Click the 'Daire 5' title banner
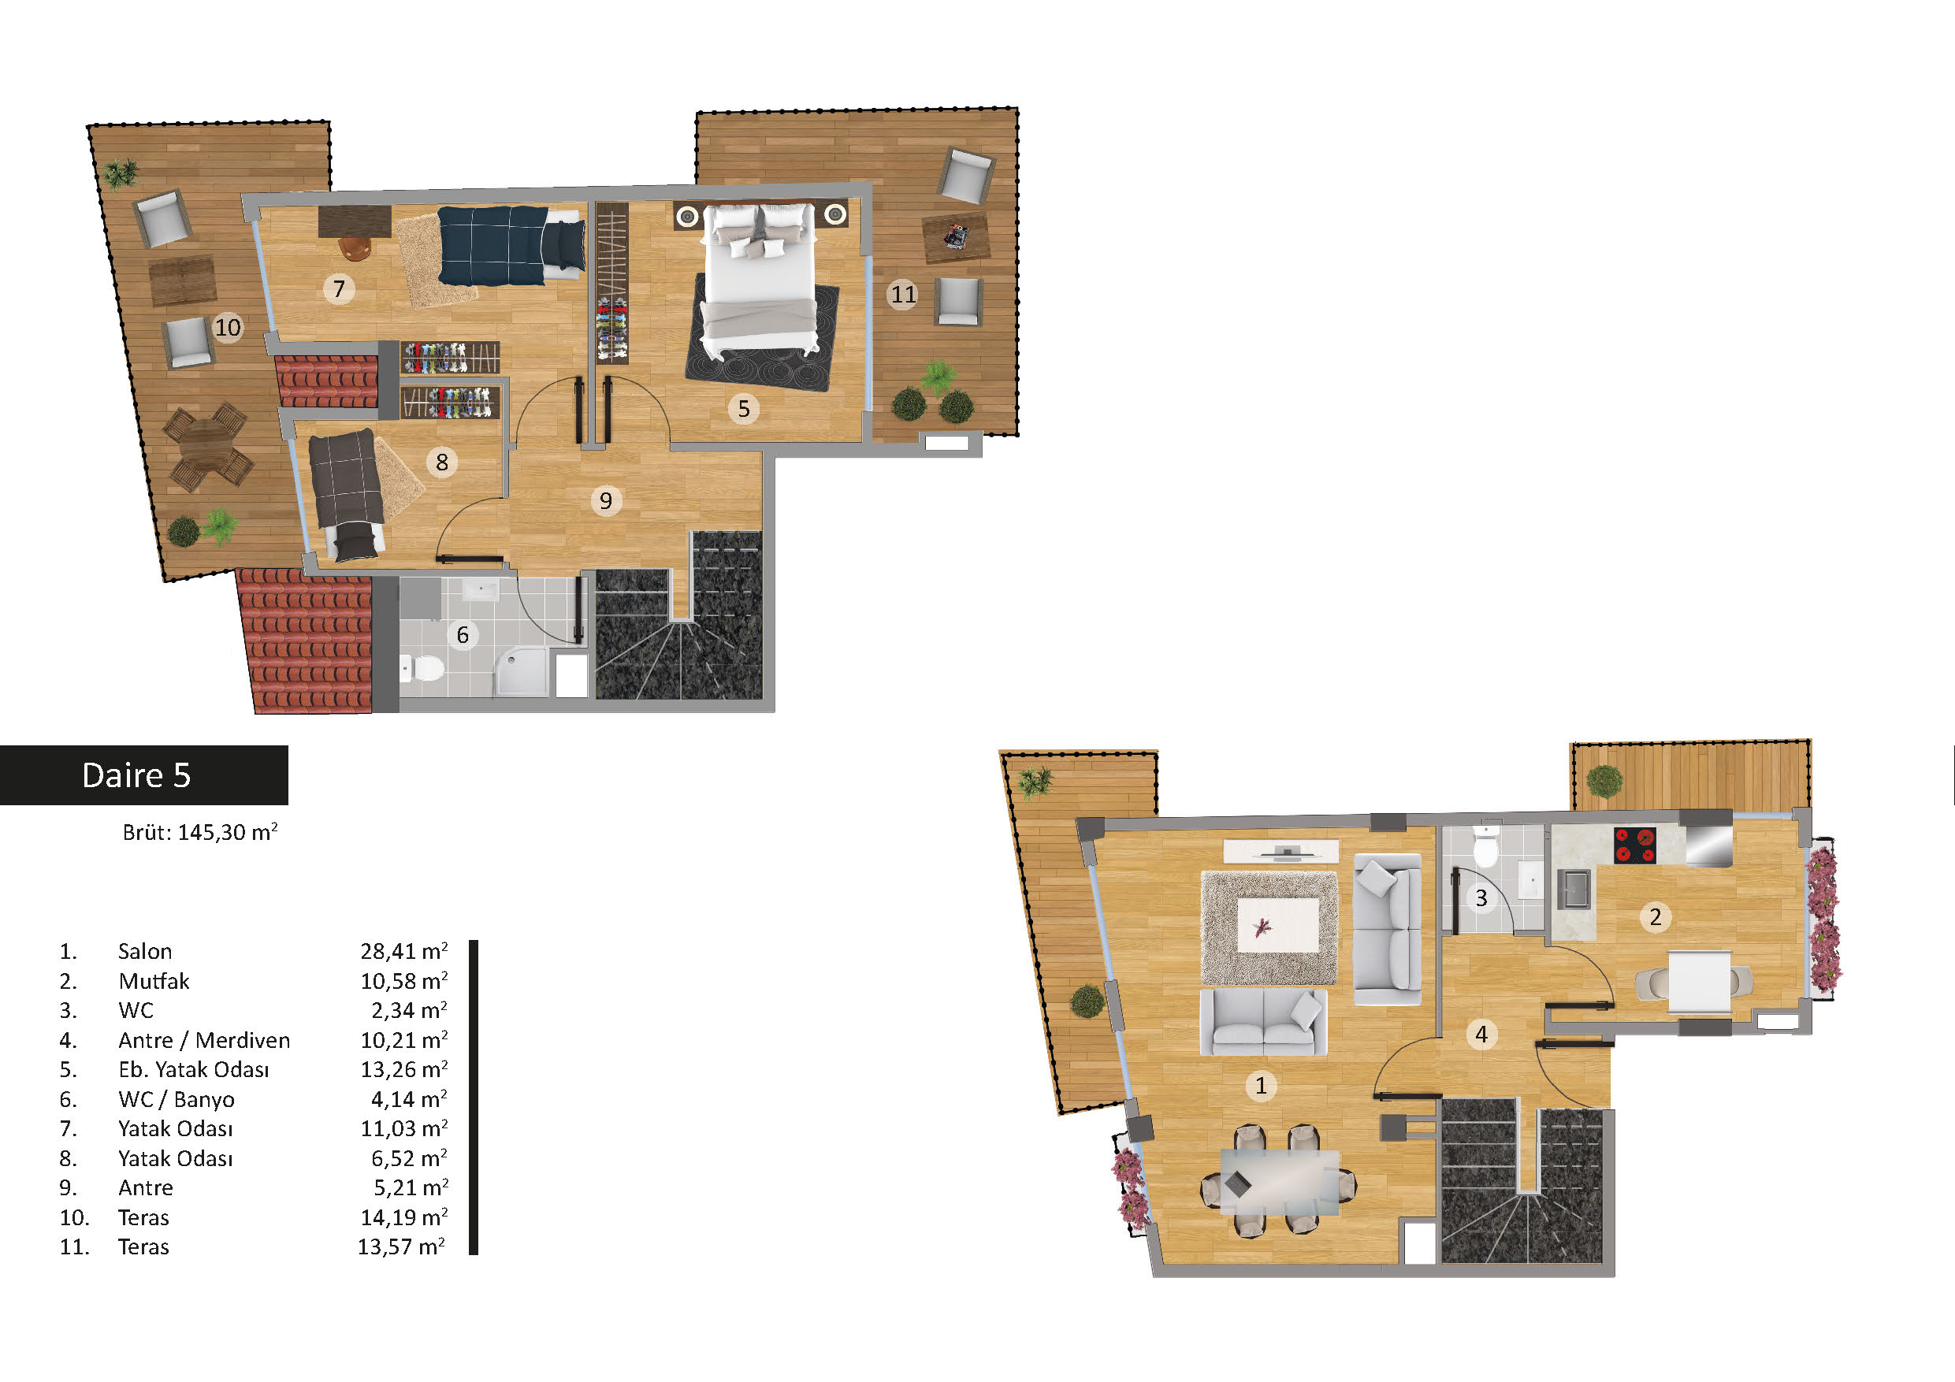point(143,775)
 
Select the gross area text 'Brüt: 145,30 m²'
point(200,832)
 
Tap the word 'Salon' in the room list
point(145,951)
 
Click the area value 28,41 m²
point(403,950)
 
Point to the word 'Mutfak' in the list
point(154,981)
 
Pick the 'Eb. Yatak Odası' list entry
point(193,1069)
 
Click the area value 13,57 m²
point(401,1246)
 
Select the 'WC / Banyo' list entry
point(177,1099)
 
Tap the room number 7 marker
point(339,289)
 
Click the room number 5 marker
point(743,409)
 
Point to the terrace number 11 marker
point(902,295)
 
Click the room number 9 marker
point(605,500)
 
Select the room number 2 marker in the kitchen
point(1656,917)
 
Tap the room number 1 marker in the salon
point(1261,1086)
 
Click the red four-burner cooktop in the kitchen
point(1635,845)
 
